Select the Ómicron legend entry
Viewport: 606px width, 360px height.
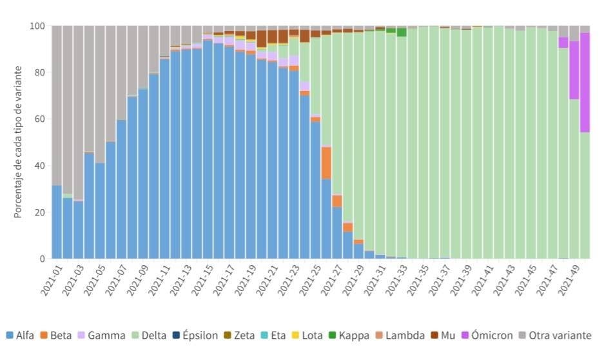tap(489, 335)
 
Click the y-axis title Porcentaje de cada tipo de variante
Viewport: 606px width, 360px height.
tap(19, 142)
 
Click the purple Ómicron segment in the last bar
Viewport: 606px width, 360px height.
tap(585, 83)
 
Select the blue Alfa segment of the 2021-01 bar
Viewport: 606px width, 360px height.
tap(57, 222)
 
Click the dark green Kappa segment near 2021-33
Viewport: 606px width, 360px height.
tap(402, 32)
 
